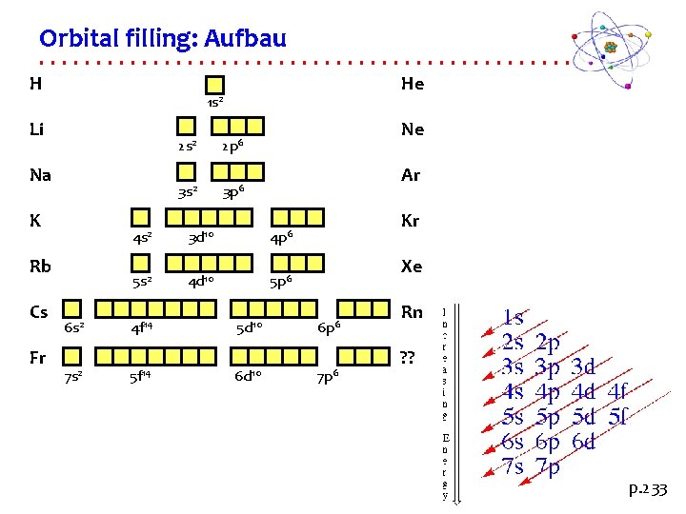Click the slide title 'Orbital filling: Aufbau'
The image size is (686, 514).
[x=162, y=39]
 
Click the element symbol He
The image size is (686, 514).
[x=412, y=84]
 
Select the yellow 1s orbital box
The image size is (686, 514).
[x=215, y=85]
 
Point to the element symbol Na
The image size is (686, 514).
[x=41, y=175]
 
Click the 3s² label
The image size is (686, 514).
[x=188, y=192]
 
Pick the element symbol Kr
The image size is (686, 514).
[x=411, y=221]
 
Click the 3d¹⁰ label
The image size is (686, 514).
[x=199, y=236]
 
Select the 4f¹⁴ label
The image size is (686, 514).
[x=142, y=328]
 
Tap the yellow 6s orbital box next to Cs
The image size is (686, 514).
[x=72, y=308]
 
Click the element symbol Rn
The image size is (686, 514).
[x=412, y=312]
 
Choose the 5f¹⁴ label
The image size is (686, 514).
[x=141, y=375]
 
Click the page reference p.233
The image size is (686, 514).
[x=648, y=490]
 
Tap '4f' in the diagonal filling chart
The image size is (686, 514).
[x=617, y=391]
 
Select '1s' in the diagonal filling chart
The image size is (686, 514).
[x=514, y=318]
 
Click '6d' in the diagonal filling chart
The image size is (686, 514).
[x=583, y=442]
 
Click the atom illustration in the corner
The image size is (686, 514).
[x=609, y=47]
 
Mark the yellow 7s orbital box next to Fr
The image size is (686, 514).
[x=72, y=355]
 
